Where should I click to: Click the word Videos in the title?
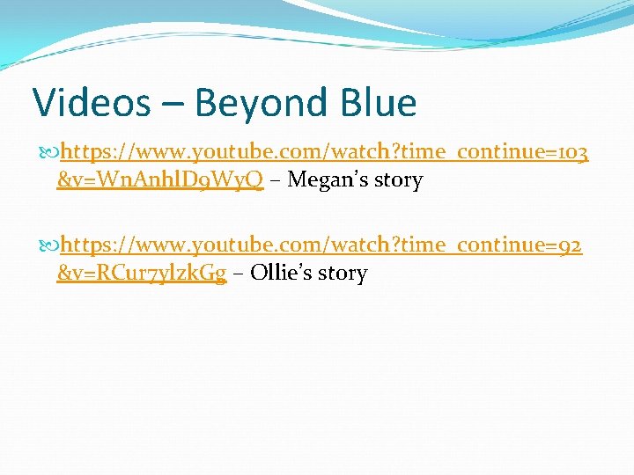coord(92,103)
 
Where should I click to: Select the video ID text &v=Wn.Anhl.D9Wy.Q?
coord(159,181)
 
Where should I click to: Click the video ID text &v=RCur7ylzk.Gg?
coord(142,274)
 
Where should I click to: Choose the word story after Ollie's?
coord(343,274)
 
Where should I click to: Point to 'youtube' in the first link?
coord(232,153)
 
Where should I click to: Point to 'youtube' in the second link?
coord(232,245)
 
